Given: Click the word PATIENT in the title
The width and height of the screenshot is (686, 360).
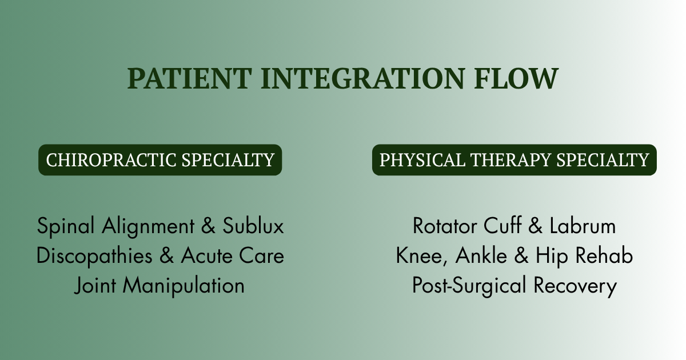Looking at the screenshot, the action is tap(190, 78).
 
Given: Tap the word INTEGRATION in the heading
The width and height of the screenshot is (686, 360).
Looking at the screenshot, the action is tap(362, 78).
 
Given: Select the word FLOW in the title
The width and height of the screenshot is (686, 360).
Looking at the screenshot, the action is tap(516, 78).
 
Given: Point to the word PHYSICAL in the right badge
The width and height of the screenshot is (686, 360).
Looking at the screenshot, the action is tap(422, 160).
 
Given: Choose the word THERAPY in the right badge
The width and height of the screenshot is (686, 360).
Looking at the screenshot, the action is tap(510, 160).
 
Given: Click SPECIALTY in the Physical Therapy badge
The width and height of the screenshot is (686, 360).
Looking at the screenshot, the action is tap(603, 160).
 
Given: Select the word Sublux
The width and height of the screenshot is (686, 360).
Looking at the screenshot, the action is tap(253, 226).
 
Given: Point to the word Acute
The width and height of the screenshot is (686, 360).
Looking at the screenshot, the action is tap(207, 255).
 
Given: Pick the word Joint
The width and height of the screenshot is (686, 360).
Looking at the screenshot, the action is tap(95, 286).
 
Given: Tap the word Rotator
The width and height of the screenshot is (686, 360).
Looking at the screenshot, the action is tap(445, 226).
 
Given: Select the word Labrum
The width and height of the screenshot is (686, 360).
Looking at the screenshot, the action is tap(583, 226).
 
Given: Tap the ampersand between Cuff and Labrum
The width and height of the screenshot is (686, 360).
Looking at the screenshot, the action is tap(535, 226).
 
